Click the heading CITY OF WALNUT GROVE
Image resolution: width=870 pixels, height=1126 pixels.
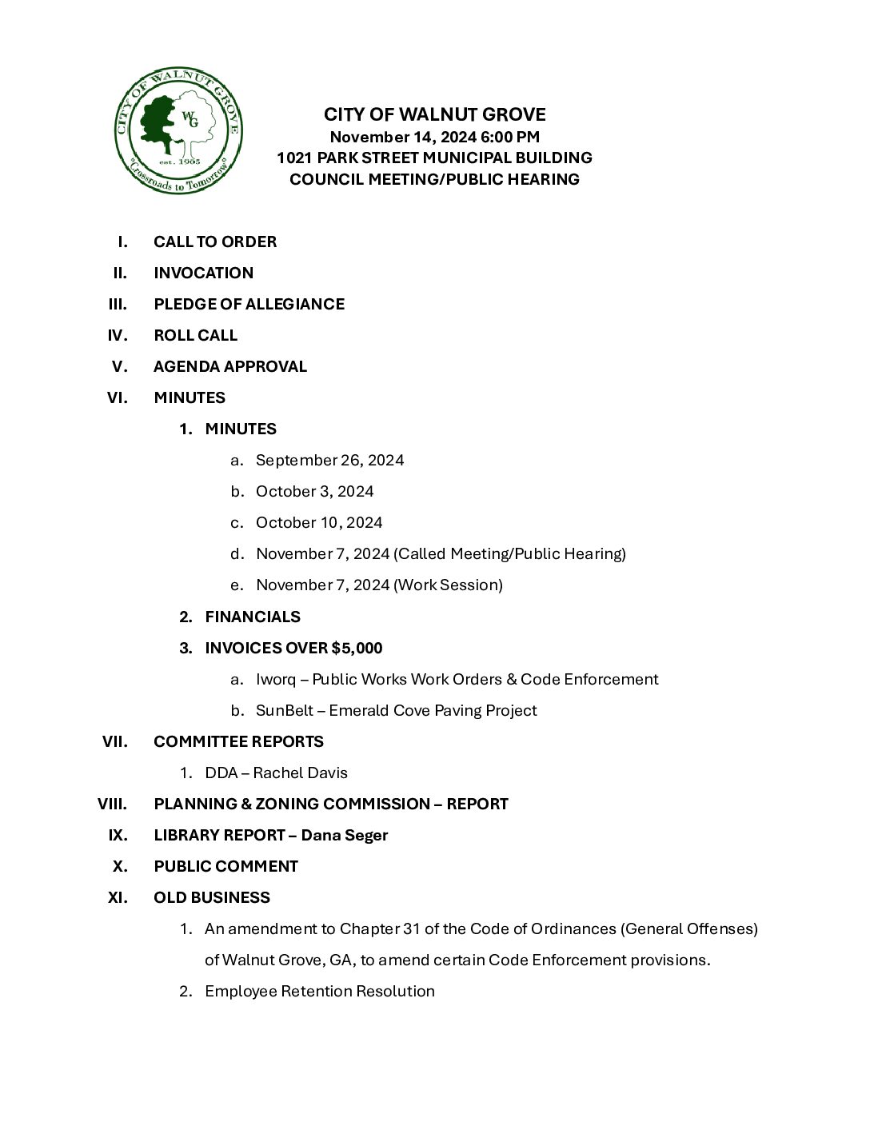coord(434,114)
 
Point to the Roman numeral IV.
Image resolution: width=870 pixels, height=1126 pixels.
coord(117,335)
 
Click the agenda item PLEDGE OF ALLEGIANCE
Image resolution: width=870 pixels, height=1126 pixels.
coord(249,304)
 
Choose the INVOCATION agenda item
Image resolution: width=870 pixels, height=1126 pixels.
coord(203,273)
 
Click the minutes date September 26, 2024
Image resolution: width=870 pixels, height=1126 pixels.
coord(329,460)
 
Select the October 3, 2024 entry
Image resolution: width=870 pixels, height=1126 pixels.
coord(314,491)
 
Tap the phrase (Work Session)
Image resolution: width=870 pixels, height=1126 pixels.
coord(448,585)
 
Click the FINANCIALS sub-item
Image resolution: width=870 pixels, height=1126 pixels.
coord(253,617)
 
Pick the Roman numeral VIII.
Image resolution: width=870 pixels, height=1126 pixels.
coord(113,804)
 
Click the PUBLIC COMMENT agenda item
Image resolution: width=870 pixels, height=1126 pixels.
coord(225,866)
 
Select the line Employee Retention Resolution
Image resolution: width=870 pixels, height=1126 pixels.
coord(319,991)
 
